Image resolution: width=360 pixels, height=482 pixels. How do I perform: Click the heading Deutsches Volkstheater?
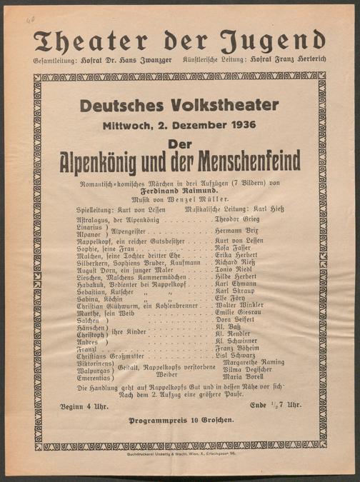(x=179, y=106)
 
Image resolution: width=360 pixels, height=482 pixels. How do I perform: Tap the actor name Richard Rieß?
(x=236, y=263)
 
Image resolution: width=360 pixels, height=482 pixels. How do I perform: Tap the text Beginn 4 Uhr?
(x=83, y=405)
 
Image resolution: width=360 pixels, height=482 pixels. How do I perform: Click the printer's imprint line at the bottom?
(x=180, y=453)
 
